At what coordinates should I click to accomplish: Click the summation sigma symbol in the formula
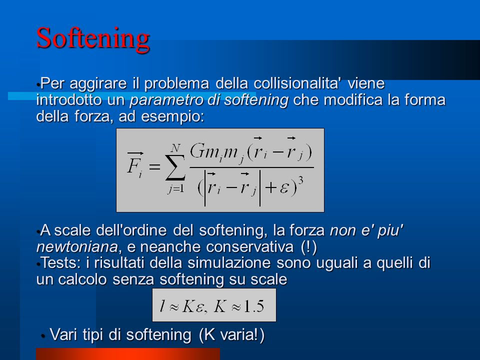point(175,167)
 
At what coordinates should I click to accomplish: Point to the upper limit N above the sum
point(175,148)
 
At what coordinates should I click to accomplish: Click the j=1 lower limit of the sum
point(176,189)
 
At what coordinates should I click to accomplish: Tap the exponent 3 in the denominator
point(300,180)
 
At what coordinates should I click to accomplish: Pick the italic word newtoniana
point(77,246)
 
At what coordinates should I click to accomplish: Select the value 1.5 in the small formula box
point(254,306)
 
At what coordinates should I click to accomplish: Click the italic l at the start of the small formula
point(162,305)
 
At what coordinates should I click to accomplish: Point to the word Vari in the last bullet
point(63,334)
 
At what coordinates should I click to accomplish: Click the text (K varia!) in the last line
point(231,334)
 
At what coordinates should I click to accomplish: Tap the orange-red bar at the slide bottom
point(128,354)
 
